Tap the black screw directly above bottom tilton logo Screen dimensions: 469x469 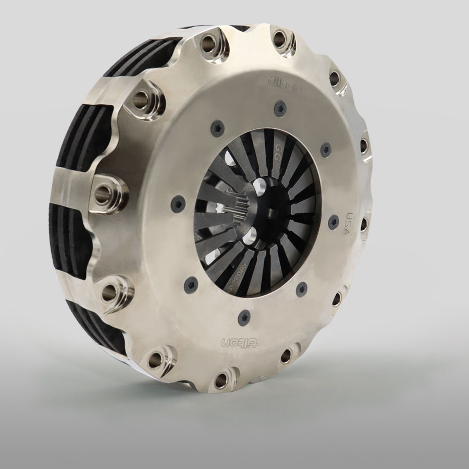coord(243,315)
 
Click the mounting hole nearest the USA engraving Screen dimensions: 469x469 coord(364,224)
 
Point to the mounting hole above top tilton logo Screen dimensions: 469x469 coord(280,37)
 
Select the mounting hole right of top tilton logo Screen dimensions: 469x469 coord(334,79)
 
